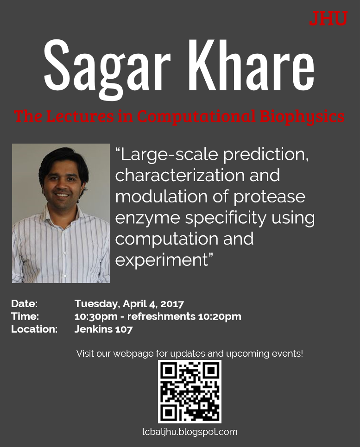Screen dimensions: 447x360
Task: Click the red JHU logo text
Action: (x=328, y=18)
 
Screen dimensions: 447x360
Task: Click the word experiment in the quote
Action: (x=160, y=260)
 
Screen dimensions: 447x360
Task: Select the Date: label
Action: (x=24, y=304)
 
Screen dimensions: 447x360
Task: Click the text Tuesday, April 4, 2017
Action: (x=129, y=304)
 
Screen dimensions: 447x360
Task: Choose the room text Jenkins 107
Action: (x=103, y=329)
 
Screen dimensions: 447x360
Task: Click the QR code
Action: (x=189, y=391)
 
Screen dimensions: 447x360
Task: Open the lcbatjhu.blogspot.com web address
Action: (x=189, y=432)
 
